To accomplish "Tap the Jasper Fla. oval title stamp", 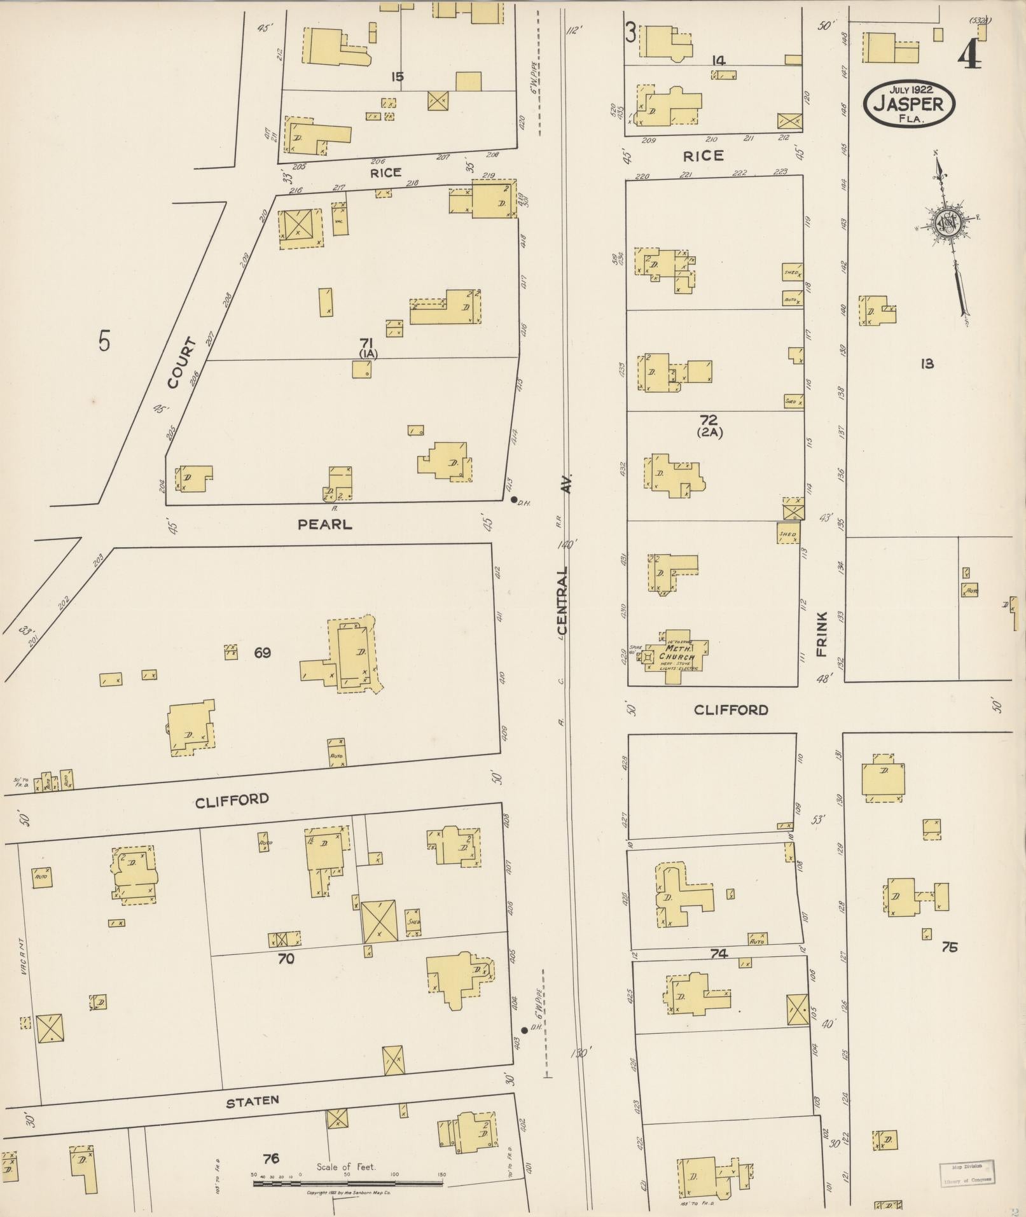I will click(909, 99).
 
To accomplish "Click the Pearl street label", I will click(324, 525).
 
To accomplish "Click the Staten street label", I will click(253, 1101).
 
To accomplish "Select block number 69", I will click(262, 652).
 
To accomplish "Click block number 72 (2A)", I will click(708, 425).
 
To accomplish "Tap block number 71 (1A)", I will click(368, 349).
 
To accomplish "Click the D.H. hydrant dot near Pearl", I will click(514, 499).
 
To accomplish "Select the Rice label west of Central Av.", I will click(386, 172).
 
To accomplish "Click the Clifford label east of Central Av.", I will click(731, 709).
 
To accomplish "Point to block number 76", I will click(271, 1158).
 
